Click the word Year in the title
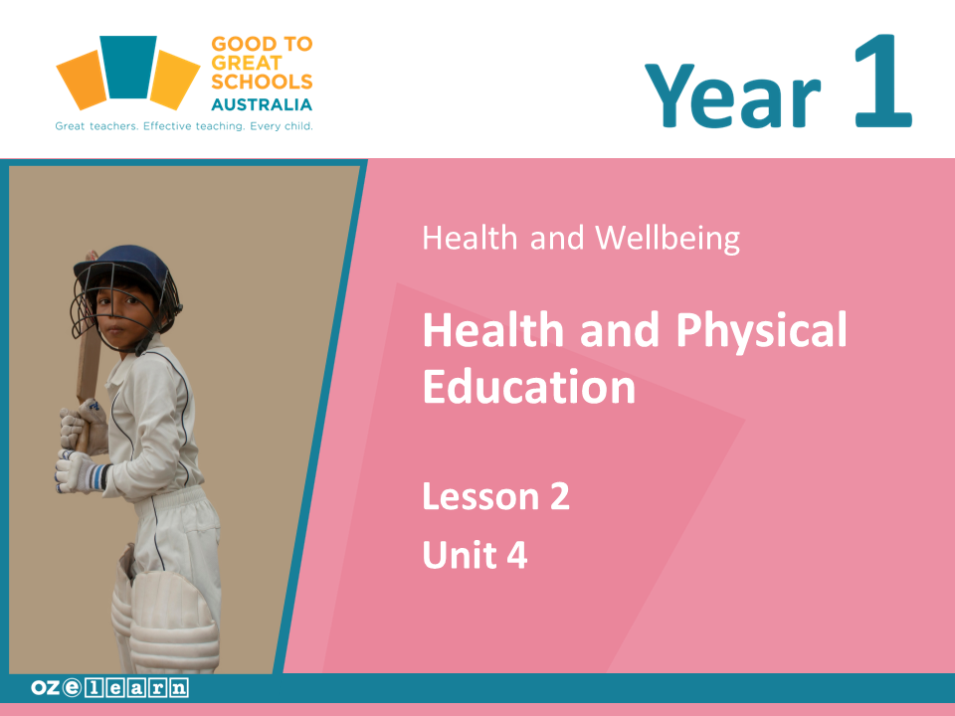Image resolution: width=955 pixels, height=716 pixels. pos(733,94)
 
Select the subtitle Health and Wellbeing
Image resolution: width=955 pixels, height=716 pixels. pos(581,239)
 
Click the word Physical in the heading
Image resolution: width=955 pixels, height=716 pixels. pos(761,331)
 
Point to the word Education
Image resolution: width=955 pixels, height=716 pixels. pos(528,386)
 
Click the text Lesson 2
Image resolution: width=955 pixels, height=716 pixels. pos(495,495)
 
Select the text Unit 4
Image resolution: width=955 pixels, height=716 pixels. pos(475,555)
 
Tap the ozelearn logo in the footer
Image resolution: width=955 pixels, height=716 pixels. pos(109,688)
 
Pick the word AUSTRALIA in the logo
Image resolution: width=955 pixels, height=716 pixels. pos(262,104)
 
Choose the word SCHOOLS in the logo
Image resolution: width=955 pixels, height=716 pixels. pos(262,83)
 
